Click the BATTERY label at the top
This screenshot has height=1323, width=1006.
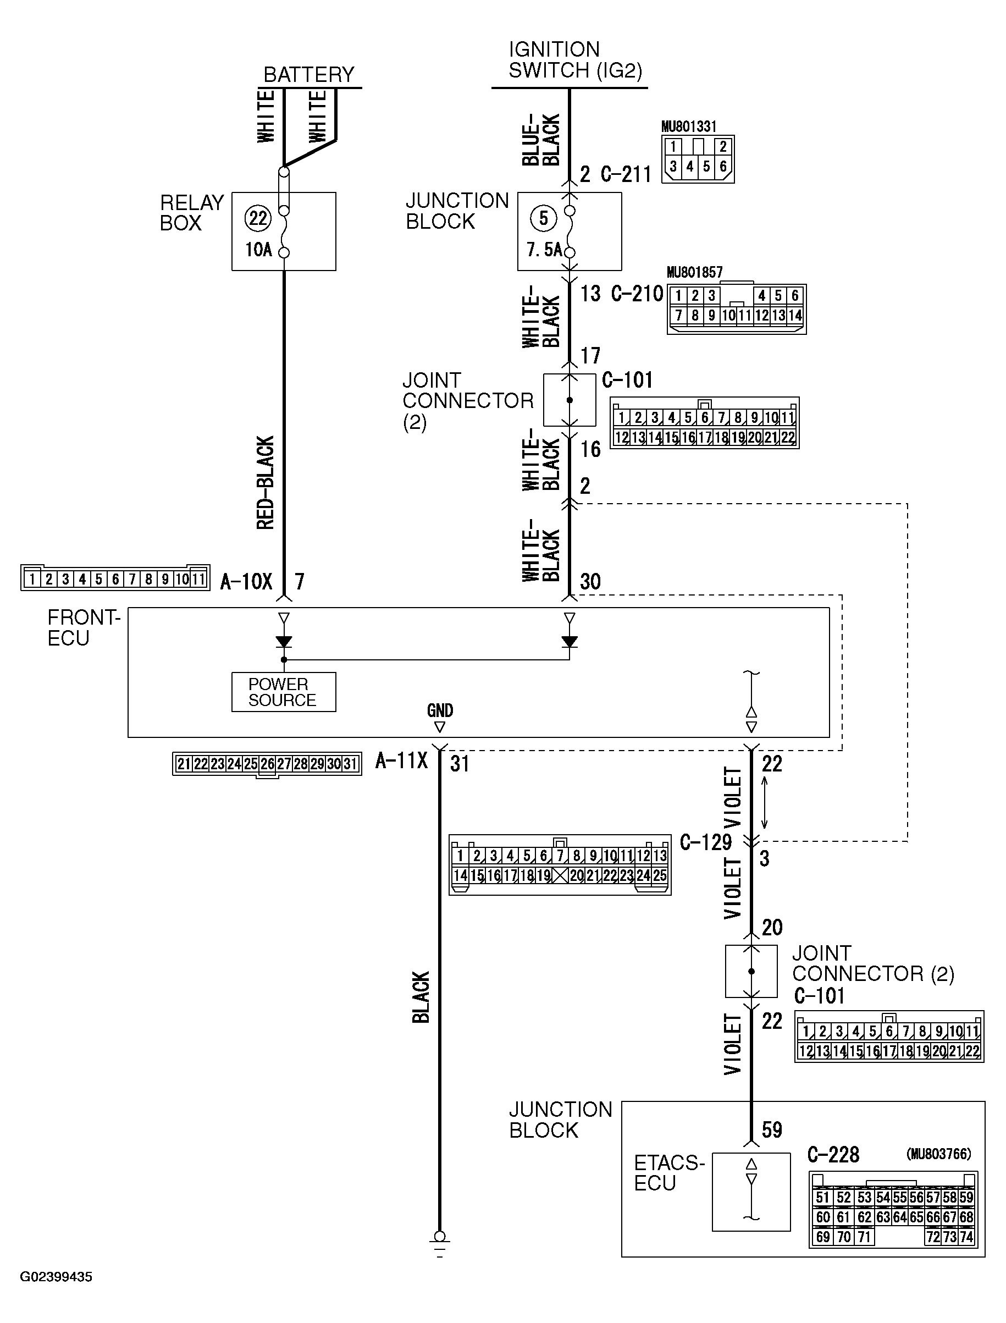[x=309, y=75]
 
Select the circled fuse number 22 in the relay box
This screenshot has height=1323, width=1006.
[x=258, y=218]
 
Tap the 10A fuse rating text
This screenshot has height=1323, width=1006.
[x=259, y=249]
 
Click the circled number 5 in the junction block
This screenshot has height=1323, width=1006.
[x=544, y=218]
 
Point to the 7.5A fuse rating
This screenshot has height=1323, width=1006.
[x=544, y=249]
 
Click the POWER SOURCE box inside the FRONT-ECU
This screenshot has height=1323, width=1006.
[x=283, y=692]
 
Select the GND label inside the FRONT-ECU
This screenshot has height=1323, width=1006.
[x=440, y=710]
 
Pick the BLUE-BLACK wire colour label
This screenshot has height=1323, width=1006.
[x=541, y=139]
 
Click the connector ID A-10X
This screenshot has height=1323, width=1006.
[x=246, y=581]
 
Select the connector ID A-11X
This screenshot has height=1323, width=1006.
[x=401, y=760]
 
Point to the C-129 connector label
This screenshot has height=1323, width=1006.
[x=706, y=842]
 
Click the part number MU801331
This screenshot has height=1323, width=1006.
[x=689, y=126]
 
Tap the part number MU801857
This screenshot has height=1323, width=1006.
[x=695, y=273]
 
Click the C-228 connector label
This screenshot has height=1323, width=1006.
[x=833, y=1155]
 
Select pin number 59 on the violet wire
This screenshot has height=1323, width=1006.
[x=772, y=1129]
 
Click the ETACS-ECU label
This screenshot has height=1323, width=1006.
[x=668, y=1173]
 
